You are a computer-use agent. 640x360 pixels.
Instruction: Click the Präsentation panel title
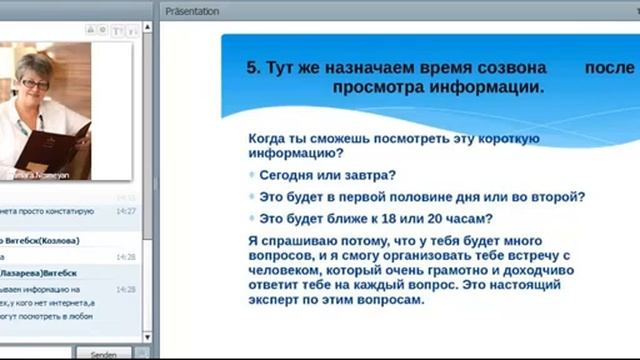[x=195, y=11]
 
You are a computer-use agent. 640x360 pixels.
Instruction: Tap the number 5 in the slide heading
[x=252, y=68]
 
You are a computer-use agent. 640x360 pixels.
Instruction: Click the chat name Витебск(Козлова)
[x=40, y=240]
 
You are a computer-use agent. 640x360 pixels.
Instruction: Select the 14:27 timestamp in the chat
[x=126, y=211]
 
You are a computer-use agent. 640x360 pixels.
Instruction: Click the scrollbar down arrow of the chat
[x=147, y=337]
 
